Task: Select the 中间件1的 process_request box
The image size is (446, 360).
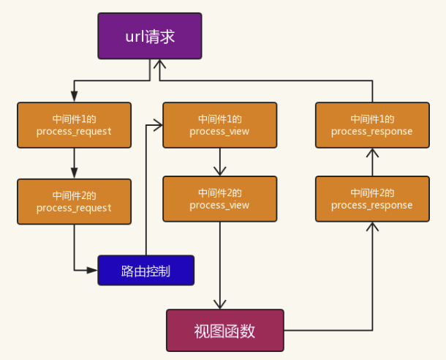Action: (x=74, y=125)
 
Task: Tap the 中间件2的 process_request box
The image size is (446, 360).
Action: (x=74, y=202)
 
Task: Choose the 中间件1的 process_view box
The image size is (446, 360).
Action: (x=219, y=125)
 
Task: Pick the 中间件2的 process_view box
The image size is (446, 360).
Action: (x=219, y=199)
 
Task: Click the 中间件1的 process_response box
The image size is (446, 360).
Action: (x=372, y=125)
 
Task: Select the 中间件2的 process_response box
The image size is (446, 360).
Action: (x=372, y=199)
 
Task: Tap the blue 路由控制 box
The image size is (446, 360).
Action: (x=145, y=270)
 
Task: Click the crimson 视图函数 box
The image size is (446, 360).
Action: (x=224, y=331)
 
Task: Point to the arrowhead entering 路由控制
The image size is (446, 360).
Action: (x=93, y=270)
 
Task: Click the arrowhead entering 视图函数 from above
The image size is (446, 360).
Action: (x=220, y=304)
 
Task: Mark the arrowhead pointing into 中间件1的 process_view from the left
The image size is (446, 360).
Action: (x=157, y=125)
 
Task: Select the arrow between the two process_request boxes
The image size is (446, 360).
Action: (x=74, y=163)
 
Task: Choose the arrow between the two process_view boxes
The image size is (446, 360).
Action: (x=219, y=162)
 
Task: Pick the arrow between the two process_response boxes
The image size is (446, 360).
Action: (x=372, y=162)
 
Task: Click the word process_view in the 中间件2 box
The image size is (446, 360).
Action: (x=219, y=206)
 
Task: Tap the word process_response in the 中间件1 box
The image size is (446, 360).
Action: (x=372, y=132)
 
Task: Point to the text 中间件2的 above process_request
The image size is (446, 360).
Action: (x=74, y=195)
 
